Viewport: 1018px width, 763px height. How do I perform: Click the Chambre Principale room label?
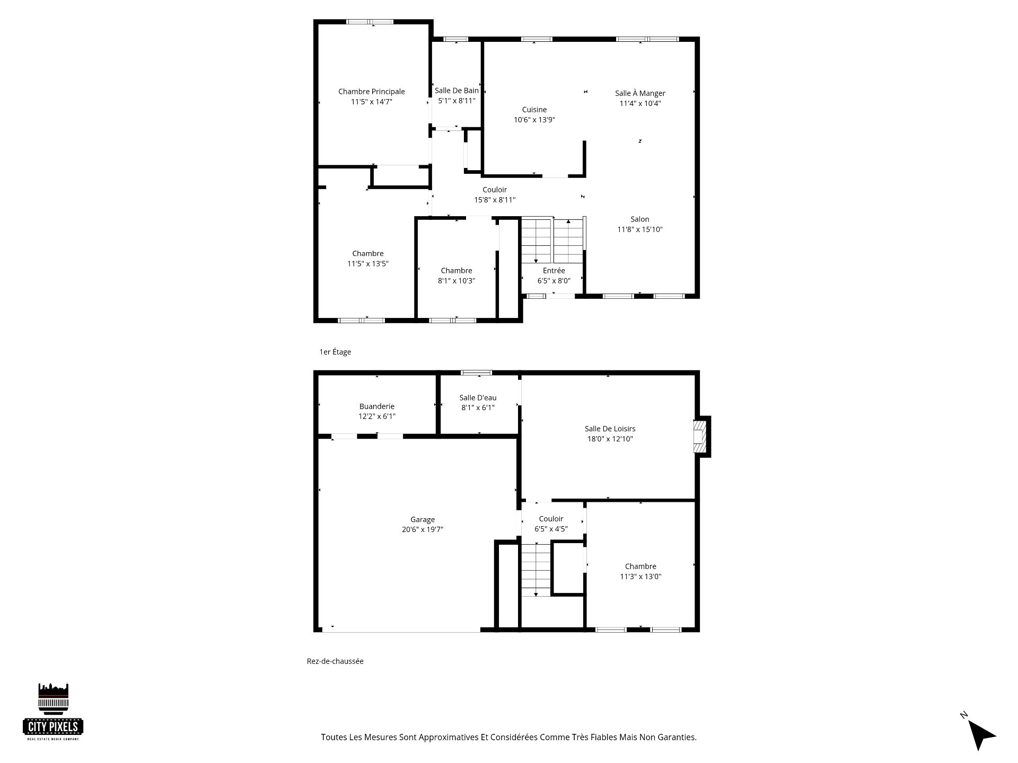pos(371,92)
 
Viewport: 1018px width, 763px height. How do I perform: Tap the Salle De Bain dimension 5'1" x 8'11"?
pos(457,101)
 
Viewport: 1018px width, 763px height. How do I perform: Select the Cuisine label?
pos(534,110)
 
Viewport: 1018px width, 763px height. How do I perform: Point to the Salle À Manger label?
pos(640,93)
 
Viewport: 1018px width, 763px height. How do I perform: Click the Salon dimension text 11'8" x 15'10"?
pos(640,229)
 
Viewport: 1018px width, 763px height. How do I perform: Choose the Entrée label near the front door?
pos(554,271)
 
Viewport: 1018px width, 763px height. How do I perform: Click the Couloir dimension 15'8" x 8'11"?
pos(495,200)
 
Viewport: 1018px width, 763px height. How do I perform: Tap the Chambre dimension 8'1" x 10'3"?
pos(457,281)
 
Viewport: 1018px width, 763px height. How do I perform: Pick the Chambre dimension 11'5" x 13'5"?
pos(368,263)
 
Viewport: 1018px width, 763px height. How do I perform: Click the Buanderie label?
pos(377,406)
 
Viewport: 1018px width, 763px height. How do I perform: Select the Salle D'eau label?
pos(478,397)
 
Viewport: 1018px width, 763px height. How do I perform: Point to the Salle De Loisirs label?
pos(610,429)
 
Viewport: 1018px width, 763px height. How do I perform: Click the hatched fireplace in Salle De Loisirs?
pos(701,437)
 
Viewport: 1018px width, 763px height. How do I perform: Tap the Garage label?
pos(423,520)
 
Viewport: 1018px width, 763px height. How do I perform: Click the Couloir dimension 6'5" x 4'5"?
pos(551,529)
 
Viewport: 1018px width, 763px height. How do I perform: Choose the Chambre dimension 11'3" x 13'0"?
pos(640,576)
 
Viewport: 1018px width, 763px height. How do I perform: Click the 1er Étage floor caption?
pos(335,352)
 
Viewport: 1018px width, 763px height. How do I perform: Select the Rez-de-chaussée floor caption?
pos(335,661)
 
